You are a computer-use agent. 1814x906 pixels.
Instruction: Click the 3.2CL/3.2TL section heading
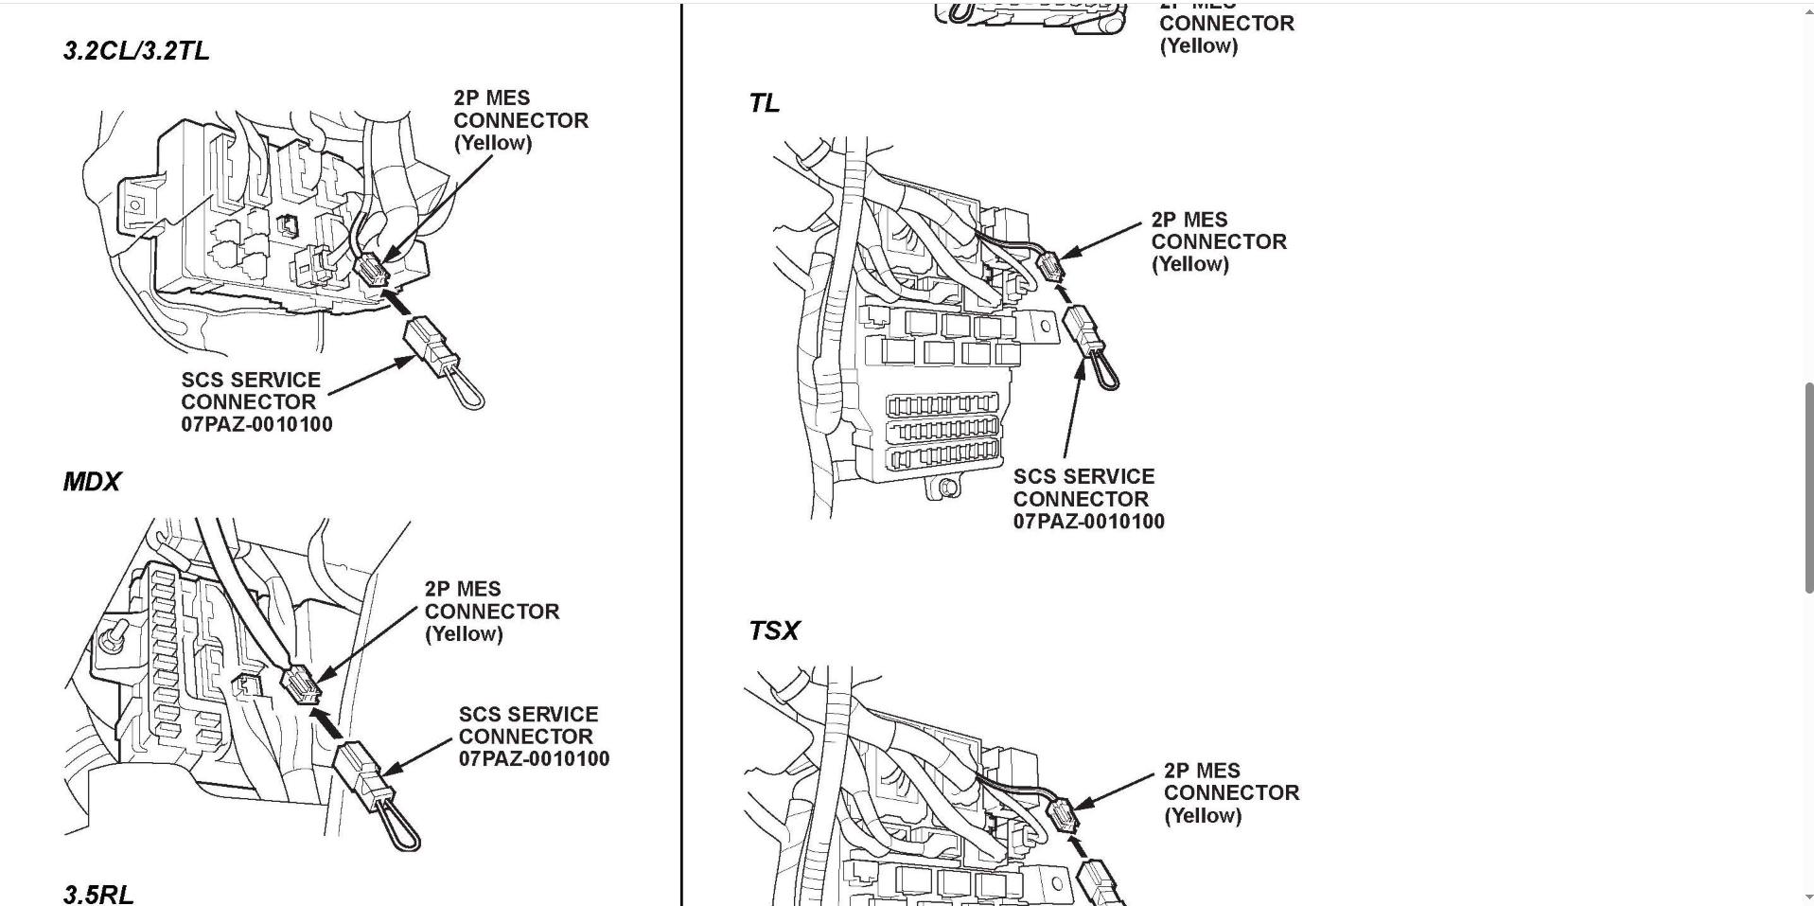[136, 51]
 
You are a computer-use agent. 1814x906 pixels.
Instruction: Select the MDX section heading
[92, 482]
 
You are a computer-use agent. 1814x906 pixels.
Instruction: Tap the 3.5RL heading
[98, 894]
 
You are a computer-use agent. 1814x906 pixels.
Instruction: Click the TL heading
[764, 103]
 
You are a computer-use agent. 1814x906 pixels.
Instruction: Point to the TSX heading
[773, 631]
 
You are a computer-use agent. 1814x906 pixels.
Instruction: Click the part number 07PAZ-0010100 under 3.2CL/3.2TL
[256, 424]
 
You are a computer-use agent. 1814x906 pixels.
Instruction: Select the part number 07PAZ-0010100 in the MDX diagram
[534, 758]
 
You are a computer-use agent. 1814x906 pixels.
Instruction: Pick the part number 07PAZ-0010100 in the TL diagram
[1088, 521]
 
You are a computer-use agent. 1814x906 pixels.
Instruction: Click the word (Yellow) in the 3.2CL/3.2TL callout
[492, 143]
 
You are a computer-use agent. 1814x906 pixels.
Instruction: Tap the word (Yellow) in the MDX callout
[463, 634]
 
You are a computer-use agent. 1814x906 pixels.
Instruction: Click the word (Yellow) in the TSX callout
[1202, 815]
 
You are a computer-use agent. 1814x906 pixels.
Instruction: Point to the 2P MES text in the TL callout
[1189, 220]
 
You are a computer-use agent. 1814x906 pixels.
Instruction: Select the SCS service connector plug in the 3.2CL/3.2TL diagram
[431, 346]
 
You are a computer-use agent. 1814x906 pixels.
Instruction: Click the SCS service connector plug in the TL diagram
[1083, 330]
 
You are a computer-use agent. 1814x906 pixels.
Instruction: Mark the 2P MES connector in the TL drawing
[1051, 266]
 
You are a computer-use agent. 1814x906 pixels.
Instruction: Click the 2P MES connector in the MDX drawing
[300, 684]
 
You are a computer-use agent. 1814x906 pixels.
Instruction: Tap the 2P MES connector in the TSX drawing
[1063, 814]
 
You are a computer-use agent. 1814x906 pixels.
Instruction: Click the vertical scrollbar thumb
[1808, 487]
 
